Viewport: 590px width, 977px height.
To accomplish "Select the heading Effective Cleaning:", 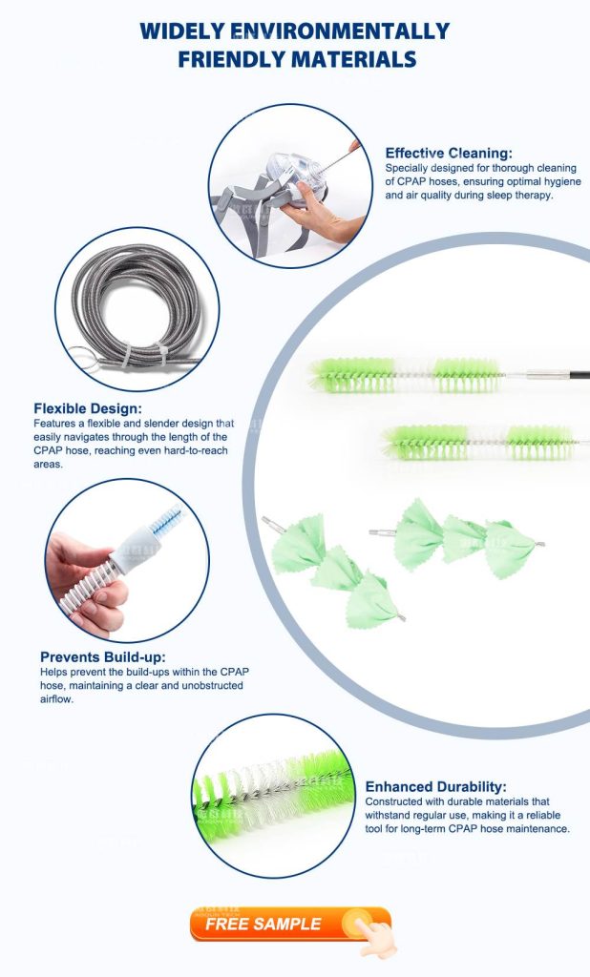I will [x=449, y=153].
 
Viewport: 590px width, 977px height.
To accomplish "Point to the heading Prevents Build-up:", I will [x=102, y=656].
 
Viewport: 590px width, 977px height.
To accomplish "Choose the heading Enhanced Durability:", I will [x=435, y=787].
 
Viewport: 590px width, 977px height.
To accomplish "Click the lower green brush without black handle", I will [x=477, y=442].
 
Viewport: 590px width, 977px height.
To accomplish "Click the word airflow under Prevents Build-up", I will [x=56, y=699].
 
